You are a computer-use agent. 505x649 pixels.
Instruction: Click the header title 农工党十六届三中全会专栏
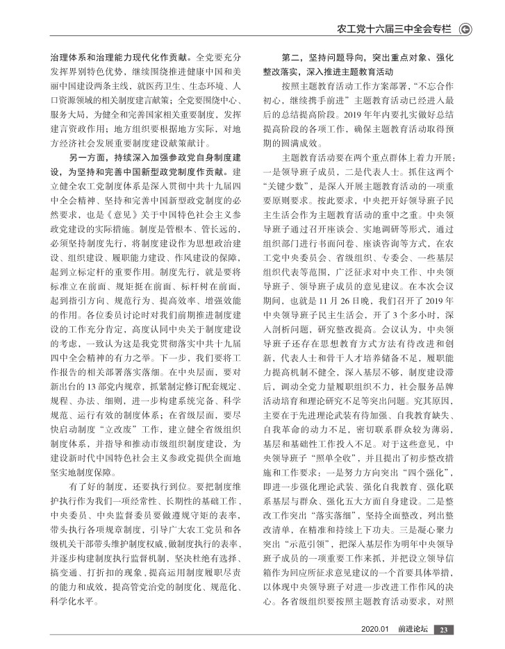coord(394,29)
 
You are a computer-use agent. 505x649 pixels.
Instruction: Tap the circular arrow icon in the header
coord(466,29)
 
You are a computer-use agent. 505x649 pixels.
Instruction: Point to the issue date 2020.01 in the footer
coord(375,630)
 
